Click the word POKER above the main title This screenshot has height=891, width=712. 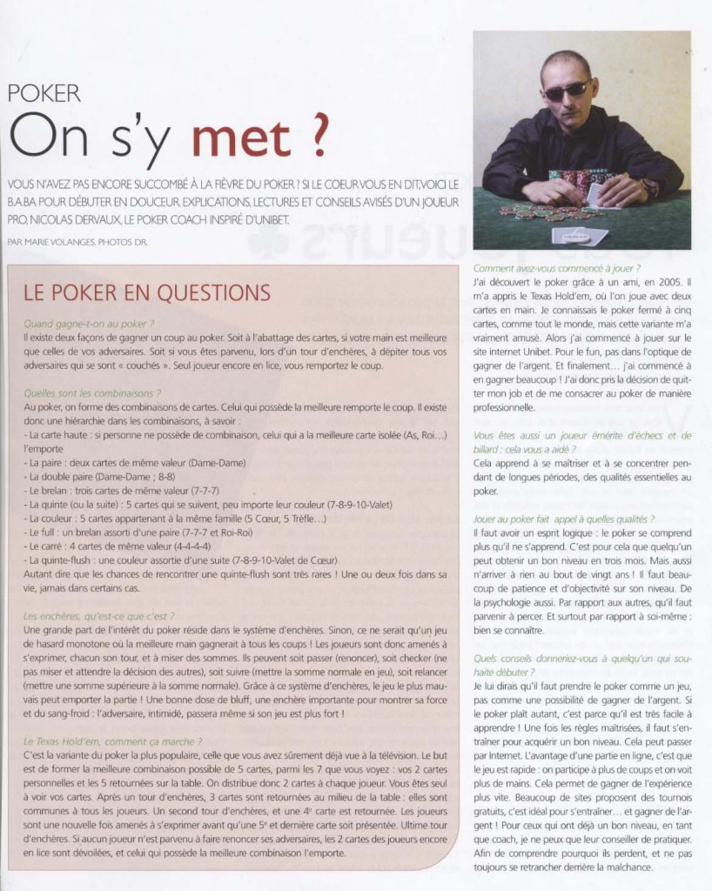[44, 94]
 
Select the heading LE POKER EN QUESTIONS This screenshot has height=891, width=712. [147, 291]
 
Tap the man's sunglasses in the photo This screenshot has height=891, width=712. [567, 90]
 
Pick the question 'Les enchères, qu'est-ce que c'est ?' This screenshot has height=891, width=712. [99, 615]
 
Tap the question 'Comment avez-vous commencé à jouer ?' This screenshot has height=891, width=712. [557, 268]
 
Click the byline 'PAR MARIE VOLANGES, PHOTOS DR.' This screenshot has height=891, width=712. [77, 241]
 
